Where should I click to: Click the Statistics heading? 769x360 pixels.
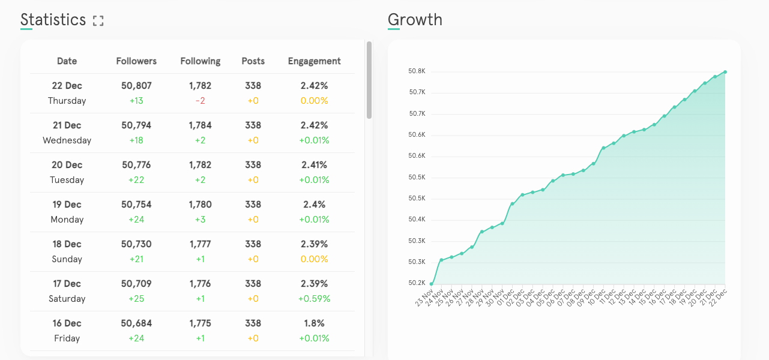[53, 20]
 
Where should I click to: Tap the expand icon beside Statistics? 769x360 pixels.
[98, 21]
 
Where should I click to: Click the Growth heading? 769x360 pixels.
[415, 20]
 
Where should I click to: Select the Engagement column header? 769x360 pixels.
[314, 61]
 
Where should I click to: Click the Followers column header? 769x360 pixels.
[136, 61]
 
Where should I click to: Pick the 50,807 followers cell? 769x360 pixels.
[136, 86]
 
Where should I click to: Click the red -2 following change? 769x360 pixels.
[200, 101]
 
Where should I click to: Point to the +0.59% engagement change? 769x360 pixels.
[314, 299]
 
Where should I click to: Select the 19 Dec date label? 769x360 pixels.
[67, 205]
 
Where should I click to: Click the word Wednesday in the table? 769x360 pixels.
[67, 140]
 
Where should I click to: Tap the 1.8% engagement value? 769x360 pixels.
[314, 323]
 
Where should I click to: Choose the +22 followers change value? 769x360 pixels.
[136, 180]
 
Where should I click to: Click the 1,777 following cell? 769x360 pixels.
[200, 244]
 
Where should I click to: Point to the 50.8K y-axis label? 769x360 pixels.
[417, 71]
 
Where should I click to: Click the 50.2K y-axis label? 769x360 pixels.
[417, 283]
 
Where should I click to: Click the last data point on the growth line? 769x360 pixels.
[725, 72]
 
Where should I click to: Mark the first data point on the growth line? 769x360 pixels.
[431, 284]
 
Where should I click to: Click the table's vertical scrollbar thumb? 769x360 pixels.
[369, 79]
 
